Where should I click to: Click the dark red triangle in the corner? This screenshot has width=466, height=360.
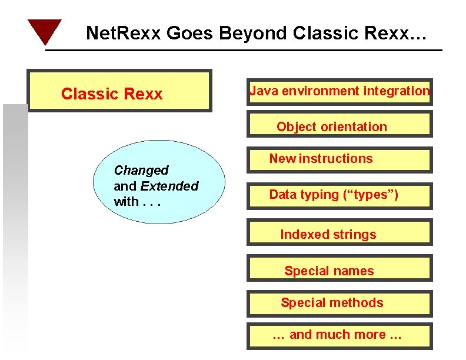(44, 31)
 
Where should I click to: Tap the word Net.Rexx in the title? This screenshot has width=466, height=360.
(124, 34)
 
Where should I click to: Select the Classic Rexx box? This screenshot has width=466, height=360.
(119, 91)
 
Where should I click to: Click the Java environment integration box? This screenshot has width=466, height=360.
(339, 91)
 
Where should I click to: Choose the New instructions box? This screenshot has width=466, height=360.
(339, 160)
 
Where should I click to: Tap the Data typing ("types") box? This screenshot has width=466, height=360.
(339, 195)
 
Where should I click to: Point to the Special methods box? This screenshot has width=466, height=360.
(339, 302)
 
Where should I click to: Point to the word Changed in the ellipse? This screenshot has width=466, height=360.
(141, 171)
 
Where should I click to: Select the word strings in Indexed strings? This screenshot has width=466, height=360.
(354, 235)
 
